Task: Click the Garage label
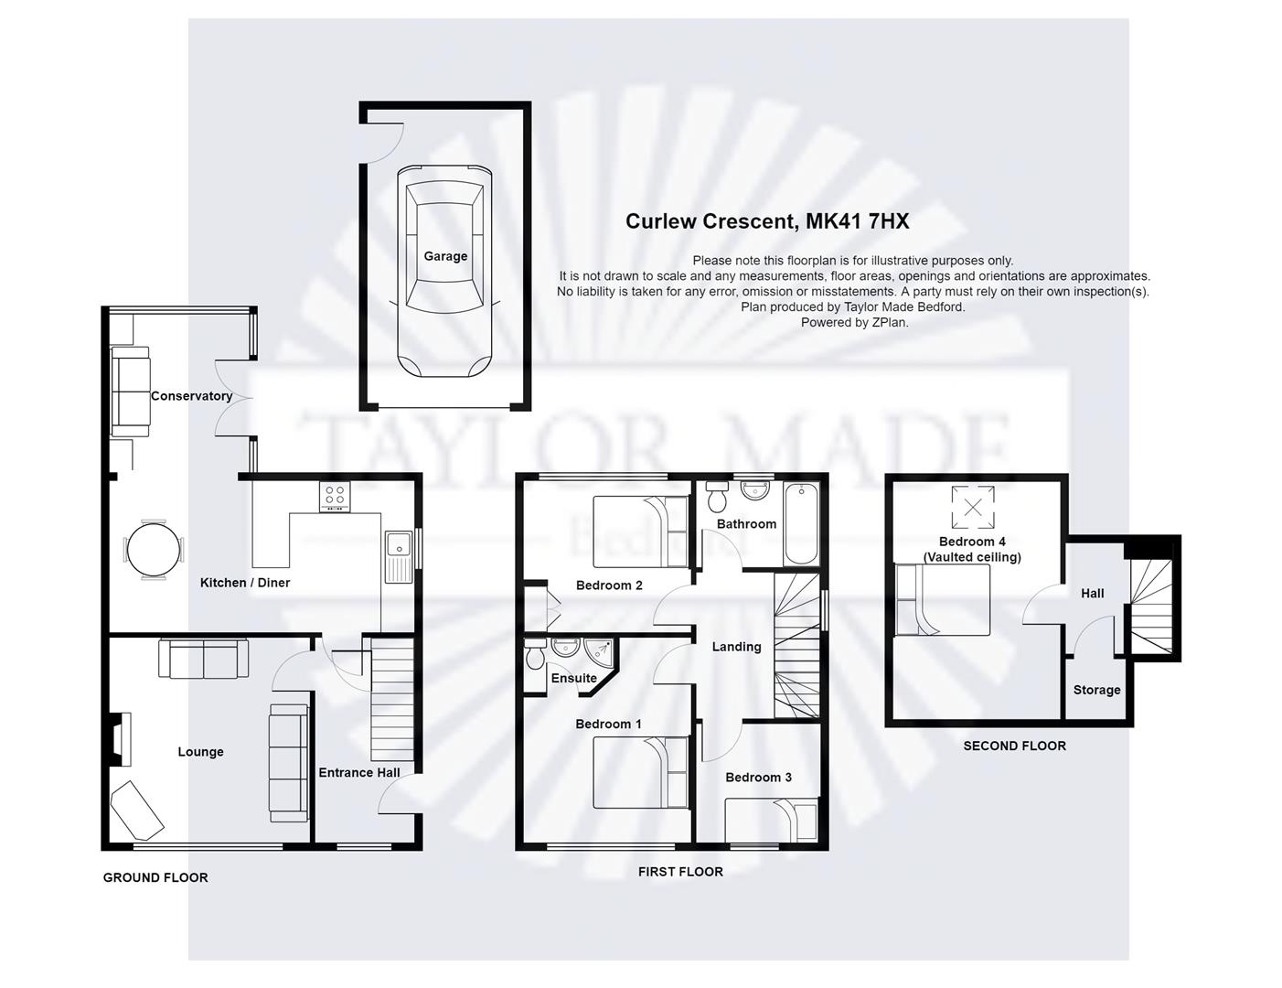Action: point(445,256)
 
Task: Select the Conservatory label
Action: point(191,396)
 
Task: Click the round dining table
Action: point(148,550)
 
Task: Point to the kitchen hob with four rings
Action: point(334,498)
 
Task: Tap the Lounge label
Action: point(200,752)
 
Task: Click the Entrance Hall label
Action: point(359,772)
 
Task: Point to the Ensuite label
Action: point(573,678)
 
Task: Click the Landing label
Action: point(736,647)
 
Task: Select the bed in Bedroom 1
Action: point(641,773)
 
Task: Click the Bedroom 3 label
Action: point(758,778)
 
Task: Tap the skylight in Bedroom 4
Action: point(973,507)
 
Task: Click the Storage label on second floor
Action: point(1096,690)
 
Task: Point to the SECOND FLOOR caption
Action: point(1014,746)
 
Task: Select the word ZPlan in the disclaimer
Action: point(889,322)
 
